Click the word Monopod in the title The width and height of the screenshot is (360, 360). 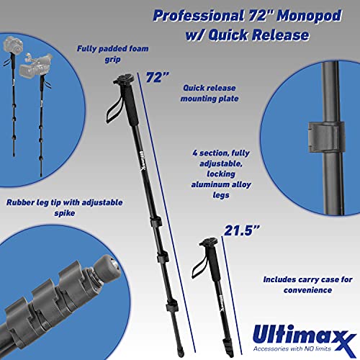pos(309,16)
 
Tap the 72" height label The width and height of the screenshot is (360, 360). pos(157,77)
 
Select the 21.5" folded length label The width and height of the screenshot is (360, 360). pos(242,230)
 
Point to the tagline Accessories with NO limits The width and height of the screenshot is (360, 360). pos(292,348)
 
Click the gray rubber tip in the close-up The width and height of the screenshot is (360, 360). pos(107,267)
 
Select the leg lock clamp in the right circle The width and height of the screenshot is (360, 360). pos(326,137)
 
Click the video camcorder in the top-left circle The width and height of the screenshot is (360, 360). pos(35,64)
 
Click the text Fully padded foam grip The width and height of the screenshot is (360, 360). pos(112,54)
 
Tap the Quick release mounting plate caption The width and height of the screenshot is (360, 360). pos(210,93)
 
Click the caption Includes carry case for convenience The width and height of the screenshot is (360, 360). pos(307,284)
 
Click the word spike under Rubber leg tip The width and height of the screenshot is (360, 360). pos(65,213)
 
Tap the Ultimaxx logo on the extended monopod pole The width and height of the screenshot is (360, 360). pos(143,161)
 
